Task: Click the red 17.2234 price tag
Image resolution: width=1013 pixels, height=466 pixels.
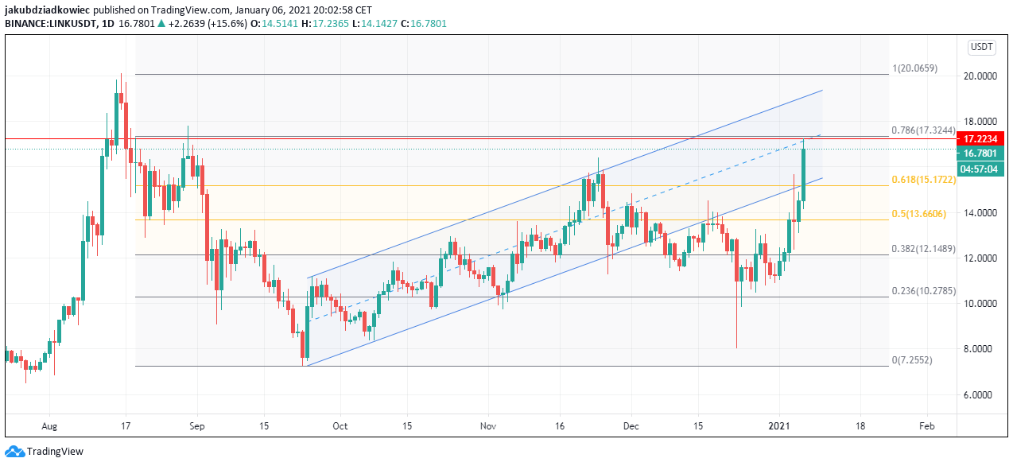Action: click(x=980, y=138)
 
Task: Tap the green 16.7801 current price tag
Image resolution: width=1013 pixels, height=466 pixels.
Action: click(x=980, y=153)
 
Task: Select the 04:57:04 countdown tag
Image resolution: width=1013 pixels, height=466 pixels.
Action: click(x=980, y=168)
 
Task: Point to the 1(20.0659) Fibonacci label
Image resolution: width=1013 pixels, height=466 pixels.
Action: click(x=915, y=68)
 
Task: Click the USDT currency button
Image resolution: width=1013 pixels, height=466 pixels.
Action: click(x=981, y=48)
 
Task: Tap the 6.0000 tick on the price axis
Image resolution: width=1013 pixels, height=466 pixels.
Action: click(x=980, y=394)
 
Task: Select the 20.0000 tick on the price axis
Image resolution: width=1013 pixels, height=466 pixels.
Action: click(x=980, y=76)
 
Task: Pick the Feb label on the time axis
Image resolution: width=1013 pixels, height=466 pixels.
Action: click(x=926, y=426)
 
